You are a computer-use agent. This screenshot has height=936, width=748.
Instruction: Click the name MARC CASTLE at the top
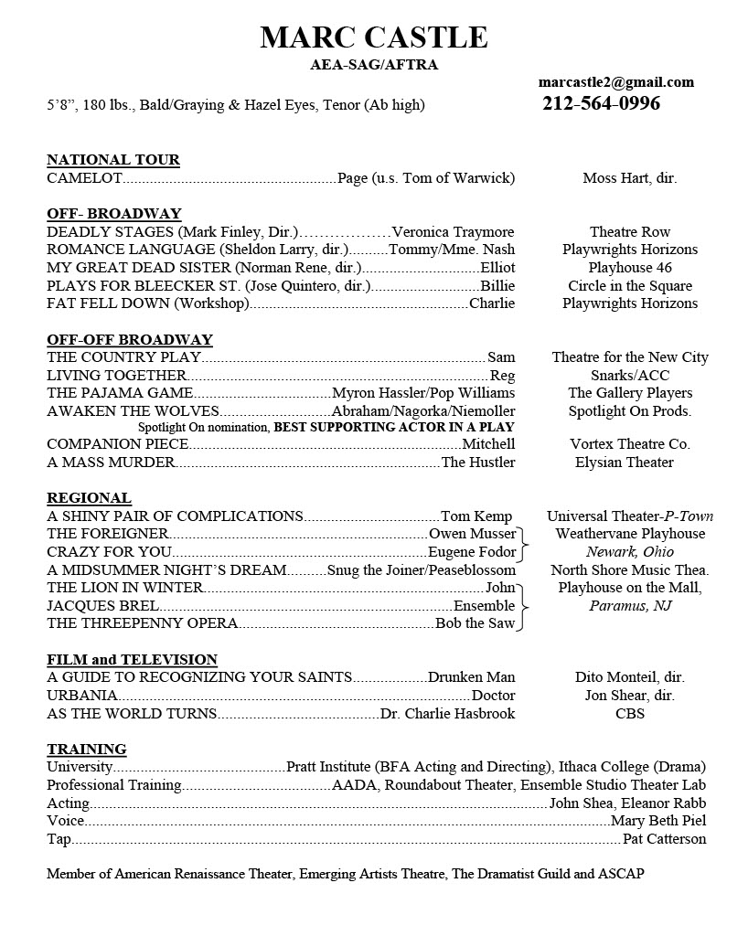[x=373, y=37]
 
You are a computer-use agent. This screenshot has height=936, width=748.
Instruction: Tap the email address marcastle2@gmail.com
[x=615, y=82]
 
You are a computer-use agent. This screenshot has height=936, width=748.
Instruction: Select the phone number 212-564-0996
[x=601, y=103]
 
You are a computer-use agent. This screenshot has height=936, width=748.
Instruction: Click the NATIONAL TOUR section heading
[x=113, y=160]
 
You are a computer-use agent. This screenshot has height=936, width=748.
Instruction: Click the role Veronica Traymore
[x=453, y=232]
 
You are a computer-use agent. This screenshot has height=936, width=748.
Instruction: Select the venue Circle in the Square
[x=629, y=286]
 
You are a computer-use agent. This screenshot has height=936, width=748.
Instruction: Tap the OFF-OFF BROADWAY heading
[x=130, y=340]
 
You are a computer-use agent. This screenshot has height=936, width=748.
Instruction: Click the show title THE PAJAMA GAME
[x=120, y=393]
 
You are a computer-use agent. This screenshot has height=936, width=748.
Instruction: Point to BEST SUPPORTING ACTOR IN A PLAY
[x=394, y=427]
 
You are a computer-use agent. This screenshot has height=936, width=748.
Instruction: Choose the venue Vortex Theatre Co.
[x=629, y=444]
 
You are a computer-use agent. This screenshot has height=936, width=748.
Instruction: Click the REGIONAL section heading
[x=89, y=498]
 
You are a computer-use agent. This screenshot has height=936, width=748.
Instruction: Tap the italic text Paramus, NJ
[x=629, y=606]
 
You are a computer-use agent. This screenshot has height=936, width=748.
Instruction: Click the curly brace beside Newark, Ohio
[x=524, y=543]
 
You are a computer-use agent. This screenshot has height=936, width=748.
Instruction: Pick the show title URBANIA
[x=81, y=696]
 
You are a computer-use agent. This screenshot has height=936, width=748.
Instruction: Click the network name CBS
[x=629, y=714]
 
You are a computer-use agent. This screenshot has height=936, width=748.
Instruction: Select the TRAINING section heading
[x=86, y=750]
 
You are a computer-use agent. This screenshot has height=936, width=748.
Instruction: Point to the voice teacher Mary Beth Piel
[x=658, y=821]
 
